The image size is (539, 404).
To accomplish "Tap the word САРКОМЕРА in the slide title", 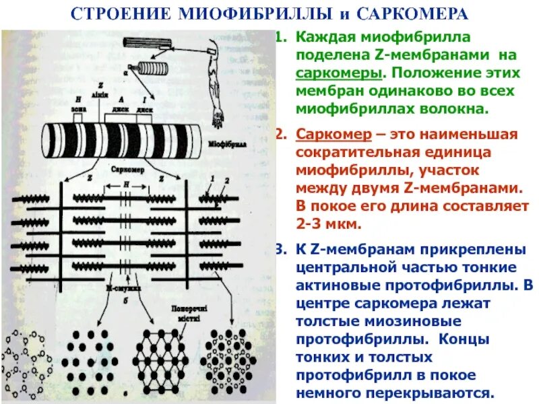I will click(412, 13).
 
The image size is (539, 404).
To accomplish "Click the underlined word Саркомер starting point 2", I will click(327, 133).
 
